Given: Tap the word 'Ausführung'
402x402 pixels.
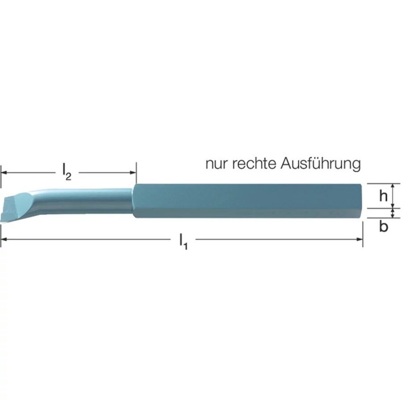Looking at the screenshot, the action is click(x=321, y=164).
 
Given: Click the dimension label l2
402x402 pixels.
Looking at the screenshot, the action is click(x=67, y=172).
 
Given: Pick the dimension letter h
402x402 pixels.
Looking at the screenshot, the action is click(x=383, y=196).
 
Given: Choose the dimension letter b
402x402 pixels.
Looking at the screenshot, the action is click(x=383, y=226).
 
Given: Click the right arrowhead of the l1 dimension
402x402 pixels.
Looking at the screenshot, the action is click(x=360, y=239).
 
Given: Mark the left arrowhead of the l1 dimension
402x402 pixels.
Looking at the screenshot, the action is click(x=4, y=239).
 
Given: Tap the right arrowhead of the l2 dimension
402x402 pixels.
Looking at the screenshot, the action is click(x=133, y=172).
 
